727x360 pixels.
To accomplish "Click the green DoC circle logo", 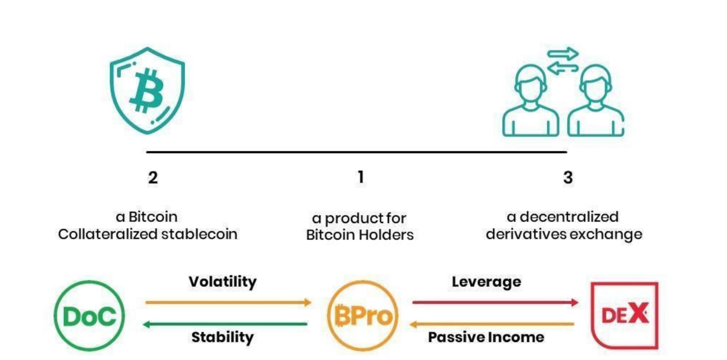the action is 89,316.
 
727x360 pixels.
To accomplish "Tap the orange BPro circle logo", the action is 362,316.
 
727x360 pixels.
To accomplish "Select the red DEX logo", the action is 625,315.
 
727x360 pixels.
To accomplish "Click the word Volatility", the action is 222,282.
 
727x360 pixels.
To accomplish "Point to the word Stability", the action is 222,337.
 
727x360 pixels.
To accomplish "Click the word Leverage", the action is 486,282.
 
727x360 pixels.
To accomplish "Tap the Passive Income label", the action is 486,337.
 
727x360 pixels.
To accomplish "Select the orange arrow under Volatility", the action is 228,302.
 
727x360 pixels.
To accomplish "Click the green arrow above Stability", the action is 225,324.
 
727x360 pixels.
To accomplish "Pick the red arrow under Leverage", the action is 495,302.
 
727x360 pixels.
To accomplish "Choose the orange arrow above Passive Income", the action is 492,324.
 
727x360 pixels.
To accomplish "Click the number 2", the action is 153,177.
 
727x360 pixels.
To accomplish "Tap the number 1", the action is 361,177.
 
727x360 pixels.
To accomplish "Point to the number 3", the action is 568,177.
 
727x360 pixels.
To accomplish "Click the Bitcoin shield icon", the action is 147,91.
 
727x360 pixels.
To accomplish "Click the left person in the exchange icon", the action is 530,101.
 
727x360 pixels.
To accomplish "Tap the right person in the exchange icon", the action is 596,101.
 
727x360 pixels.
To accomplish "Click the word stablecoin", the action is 199,234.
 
